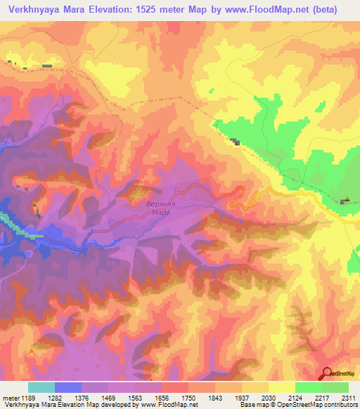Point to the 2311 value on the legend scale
point(348,397)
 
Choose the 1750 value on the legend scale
point(188,397)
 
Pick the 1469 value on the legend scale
point(108,397)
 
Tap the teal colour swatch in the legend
point(41,387)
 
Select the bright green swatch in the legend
point(309,387)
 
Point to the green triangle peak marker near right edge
point(347,199)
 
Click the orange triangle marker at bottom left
point(32,349)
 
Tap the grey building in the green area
point(236,143)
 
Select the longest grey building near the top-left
point(47,66)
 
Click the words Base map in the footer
point(251,404)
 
